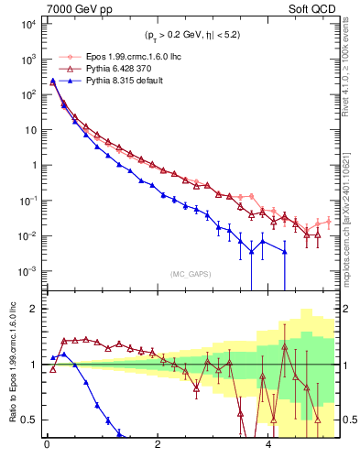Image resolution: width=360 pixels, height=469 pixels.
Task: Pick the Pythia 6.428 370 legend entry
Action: click(102, 69)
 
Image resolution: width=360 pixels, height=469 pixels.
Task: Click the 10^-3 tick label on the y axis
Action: click(25, 271)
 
